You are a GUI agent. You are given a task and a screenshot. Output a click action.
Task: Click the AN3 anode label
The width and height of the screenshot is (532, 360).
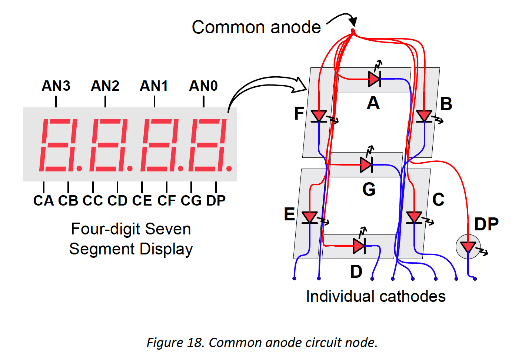coord(56,86)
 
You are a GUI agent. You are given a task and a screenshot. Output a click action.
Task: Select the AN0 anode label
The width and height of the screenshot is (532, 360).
coord(203,86)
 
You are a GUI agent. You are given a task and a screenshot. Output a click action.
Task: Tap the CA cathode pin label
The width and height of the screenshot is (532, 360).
coord(43,201)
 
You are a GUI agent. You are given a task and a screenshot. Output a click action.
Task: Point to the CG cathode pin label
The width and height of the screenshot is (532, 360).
coord(191,201)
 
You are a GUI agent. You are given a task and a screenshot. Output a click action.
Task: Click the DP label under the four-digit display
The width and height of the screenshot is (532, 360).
coord(216,201)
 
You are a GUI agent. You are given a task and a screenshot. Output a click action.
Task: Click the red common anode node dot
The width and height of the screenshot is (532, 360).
coord(353,31)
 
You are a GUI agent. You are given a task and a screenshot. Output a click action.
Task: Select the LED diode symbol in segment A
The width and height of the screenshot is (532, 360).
coord(375,79)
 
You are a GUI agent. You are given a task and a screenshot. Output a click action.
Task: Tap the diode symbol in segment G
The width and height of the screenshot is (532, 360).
coord(366,164)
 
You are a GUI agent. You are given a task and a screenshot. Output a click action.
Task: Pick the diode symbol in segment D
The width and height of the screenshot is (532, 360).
coord(359,246)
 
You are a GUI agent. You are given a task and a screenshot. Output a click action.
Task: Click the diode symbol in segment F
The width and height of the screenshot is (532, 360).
coord(319,116)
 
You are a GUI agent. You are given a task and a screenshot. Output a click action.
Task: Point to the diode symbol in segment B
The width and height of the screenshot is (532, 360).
coord(424,116)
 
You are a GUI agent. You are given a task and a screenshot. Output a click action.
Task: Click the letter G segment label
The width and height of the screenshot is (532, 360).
coord(369,190)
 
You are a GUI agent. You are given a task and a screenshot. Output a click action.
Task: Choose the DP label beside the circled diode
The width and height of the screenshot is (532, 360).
coord(486,224)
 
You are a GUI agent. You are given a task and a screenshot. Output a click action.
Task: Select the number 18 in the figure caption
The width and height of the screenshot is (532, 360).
coord(194,343)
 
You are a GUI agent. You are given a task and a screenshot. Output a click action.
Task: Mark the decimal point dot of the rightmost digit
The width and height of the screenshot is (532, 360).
coord(229,169)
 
